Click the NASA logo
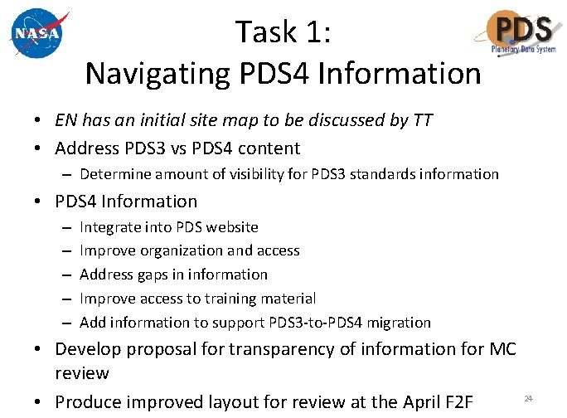pos(36,34)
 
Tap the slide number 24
pos(527,399)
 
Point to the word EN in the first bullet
pos(67,120)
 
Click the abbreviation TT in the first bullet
pos(422,120)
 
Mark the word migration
pos(399,322)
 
